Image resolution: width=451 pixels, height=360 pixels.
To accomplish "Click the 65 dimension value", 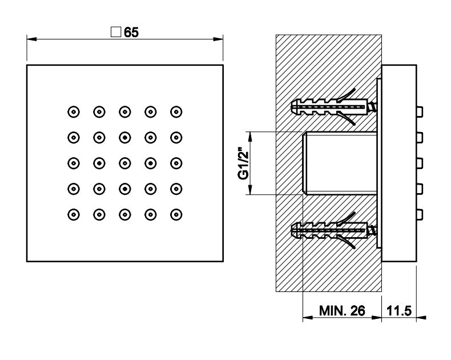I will tap(131, 33).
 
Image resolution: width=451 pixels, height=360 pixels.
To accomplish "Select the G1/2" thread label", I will tap(244, 163).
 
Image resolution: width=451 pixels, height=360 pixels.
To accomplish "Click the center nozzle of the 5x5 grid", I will tap(124, 163).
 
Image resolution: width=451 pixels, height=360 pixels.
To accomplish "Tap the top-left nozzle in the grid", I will tap(73, 111).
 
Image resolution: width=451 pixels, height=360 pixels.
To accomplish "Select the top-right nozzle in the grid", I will tap(176, 111).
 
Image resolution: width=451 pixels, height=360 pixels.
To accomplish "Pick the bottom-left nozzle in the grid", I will tap(73, 215).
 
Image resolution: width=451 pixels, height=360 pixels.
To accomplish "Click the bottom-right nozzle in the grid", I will tap(176, 215).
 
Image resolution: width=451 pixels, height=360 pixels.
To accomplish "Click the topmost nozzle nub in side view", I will tap(420, 111).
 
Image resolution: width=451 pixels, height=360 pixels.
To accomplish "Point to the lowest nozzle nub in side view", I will tap(420, 215).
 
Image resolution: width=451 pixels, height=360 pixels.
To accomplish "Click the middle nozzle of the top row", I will tap(124, 111).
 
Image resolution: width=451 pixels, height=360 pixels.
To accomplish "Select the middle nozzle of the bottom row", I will tap(124, 215).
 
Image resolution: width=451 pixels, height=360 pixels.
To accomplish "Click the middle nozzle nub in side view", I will tap(420, 163).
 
